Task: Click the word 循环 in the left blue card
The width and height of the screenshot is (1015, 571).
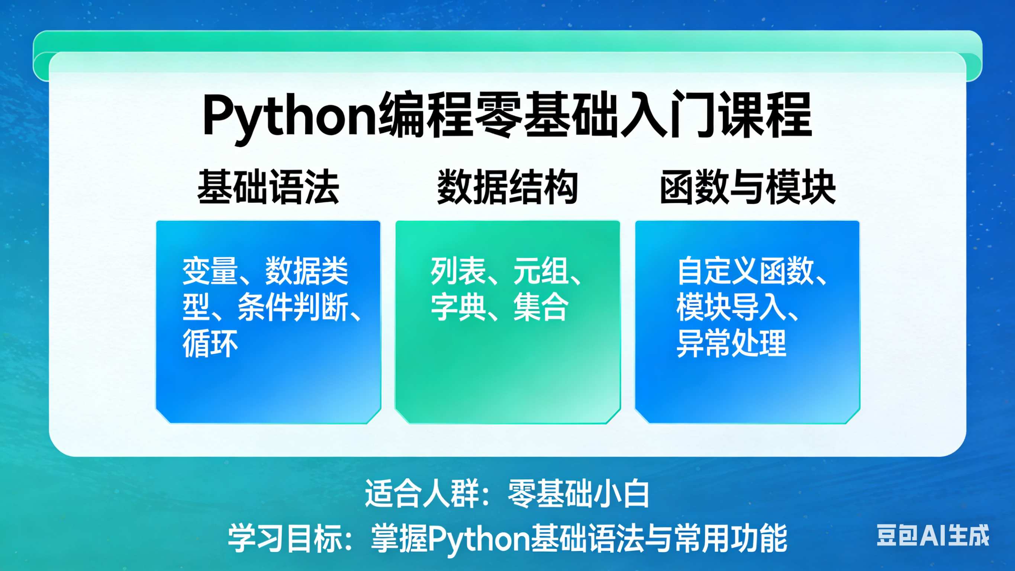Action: pos(210,343)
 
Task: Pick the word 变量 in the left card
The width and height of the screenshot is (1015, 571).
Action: pos(210,271)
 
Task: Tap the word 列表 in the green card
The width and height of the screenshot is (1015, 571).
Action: pos(458,271)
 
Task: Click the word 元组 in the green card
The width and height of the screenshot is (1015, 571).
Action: pos(541,271)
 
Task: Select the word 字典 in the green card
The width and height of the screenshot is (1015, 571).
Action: pos(458,307)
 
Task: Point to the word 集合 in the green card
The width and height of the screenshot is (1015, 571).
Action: pos(541,307)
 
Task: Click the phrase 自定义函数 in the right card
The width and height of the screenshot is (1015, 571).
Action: pos(745,271)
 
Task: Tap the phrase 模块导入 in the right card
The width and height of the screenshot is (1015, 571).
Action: pos(732,307)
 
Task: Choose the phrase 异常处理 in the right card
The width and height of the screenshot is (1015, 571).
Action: pos(732,343)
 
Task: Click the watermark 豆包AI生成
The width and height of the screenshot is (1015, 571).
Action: pos(933,535)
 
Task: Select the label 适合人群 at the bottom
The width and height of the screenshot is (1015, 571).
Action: pos(422,493)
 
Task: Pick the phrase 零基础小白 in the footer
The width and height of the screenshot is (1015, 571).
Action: pos(578,493)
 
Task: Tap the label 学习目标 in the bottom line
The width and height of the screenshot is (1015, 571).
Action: pos(285,538)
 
